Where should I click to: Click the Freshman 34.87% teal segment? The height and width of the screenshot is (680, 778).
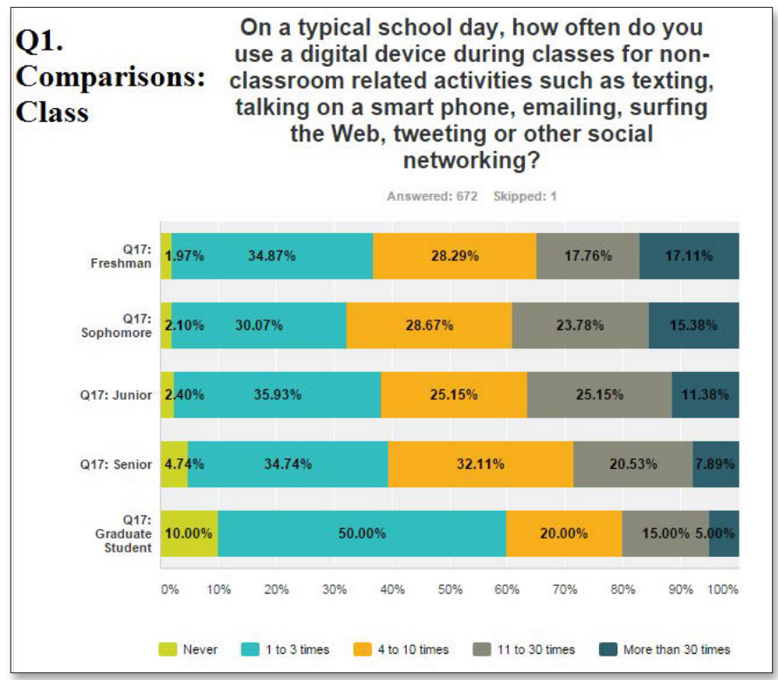click(x=272, y=256)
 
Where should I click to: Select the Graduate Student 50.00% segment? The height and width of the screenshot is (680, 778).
click(x=361, y=533)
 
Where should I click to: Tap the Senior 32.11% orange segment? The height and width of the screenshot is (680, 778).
click(x=480, y=464)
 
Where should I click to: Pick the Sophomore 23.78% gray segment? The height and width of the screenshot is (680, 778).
click(x=580, y=325)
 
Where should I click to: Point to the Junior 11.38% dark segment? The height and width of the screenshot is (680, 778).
click(x=706, y=394)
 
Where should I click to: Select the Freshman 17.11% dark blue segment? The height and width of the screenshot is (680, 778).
click(x=689, y=256)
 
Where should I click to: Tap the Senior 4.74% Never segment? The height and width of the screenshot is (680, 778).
click(x=174, y=464)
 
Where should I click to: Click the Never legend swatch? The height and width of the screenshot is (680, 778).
click(x=167, y=649)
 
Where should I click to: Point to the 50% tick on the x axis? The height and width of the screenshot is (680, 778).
click(x=450, y=589)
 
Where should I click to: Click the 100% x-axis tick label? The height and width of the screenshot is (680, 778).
click(x=723, y=589)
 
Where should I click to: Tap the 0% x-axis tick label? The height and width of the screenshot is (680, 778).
click(x=169, y=589)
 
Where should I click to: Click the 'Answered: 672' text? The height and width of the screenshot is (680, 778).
click(x=431, y=196)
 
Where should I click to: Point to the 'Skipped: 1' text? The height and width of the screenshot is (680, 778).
click(x=525, y=196)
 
